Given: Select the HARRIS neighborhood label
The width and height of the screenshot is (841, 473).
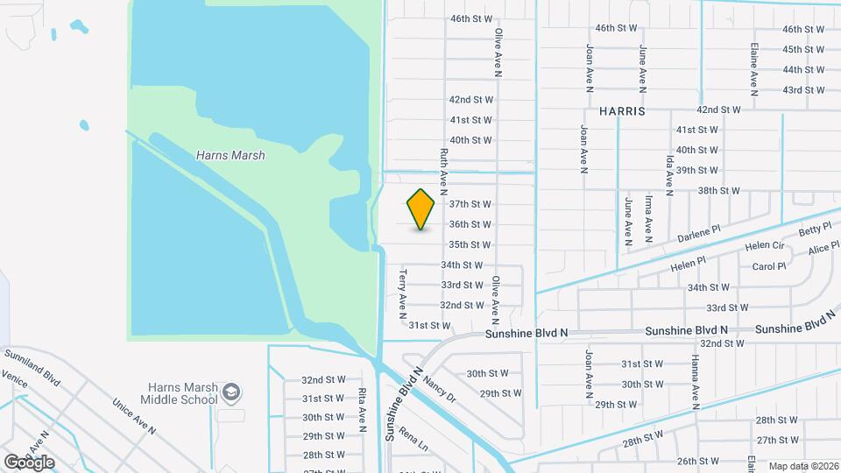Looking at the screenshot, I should (622, 112).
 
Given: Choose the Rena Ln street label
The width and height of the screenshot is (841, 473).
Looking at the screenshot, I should (413, 438).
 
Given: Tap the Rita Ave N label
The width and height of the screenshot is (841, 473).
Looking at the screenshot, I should (362, 410).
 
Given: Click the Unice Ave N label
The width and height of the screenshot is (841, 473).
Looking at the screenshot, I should (133, 417).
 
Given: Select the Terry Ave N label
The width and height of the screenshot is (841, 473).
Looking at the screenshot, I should (403, 292).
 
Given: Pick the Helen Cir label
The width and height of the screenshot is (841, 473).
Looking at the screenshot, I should (762, 246).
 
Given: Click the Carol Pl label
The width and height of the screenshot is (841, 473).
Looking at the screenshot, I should (768, 266).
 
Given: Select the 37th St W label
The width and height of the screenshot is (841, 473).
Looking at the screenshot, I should (470, 204).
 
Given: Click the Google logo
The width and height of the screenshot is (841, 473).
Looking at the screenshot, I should (29, 462).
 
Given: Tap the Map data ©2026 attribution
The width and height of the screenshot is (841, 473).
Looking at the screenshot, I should (802, 467).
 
